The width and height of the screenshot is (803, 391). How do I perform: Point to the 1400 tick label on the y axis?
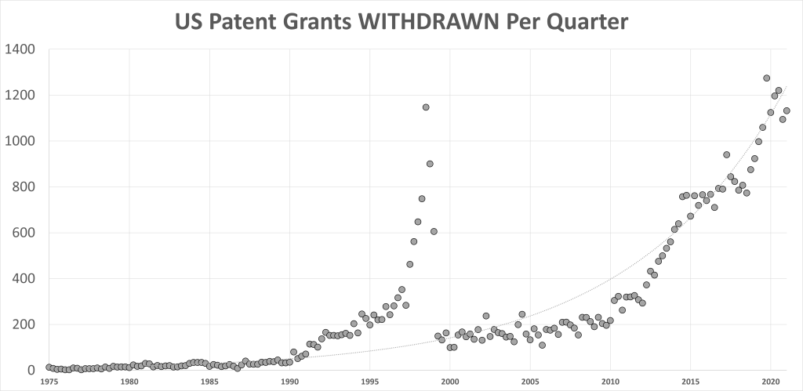click(20, 49)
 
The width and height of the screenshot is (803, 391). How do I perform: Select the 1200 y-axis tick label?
click(20, 96)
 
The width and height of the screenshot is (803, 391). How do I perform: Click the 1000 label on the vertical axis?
click(20, 141)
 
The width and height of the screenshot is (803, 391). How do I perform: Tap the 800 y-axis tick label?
click(24, 187)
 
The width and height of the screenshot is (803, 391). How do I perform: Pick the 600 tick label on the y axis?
click(24, 233)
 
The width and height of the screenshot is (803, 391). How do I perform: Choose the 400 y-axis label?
click(24, 279)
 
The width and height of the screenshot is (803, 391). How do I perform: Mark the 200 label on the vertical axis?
click(24, 324)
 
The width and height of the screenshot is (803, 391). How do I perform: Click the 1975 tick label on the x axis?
click(49, 382)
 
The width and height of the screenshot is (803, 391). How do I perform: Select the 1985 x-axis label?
click(209, 382)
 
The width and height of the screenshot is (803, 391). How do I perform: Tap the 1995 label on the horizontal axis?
click(369, 382)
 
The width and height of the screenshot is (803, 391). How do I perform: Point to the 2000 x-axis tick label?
click(449, 382)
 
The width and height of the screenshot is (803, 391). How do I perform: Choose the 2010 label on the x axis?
click(609, 382)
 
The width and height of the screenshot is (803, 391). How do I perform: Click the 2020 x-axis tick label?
click(769, 382)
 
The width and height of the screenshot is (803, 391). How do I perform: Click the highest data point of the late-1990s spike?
click(426, 107)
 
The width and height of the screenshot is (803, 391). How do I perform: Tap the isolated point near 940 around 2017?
click(726, 154)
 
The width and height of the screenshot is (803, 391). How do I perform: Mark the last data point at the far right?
click(787, 110)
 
